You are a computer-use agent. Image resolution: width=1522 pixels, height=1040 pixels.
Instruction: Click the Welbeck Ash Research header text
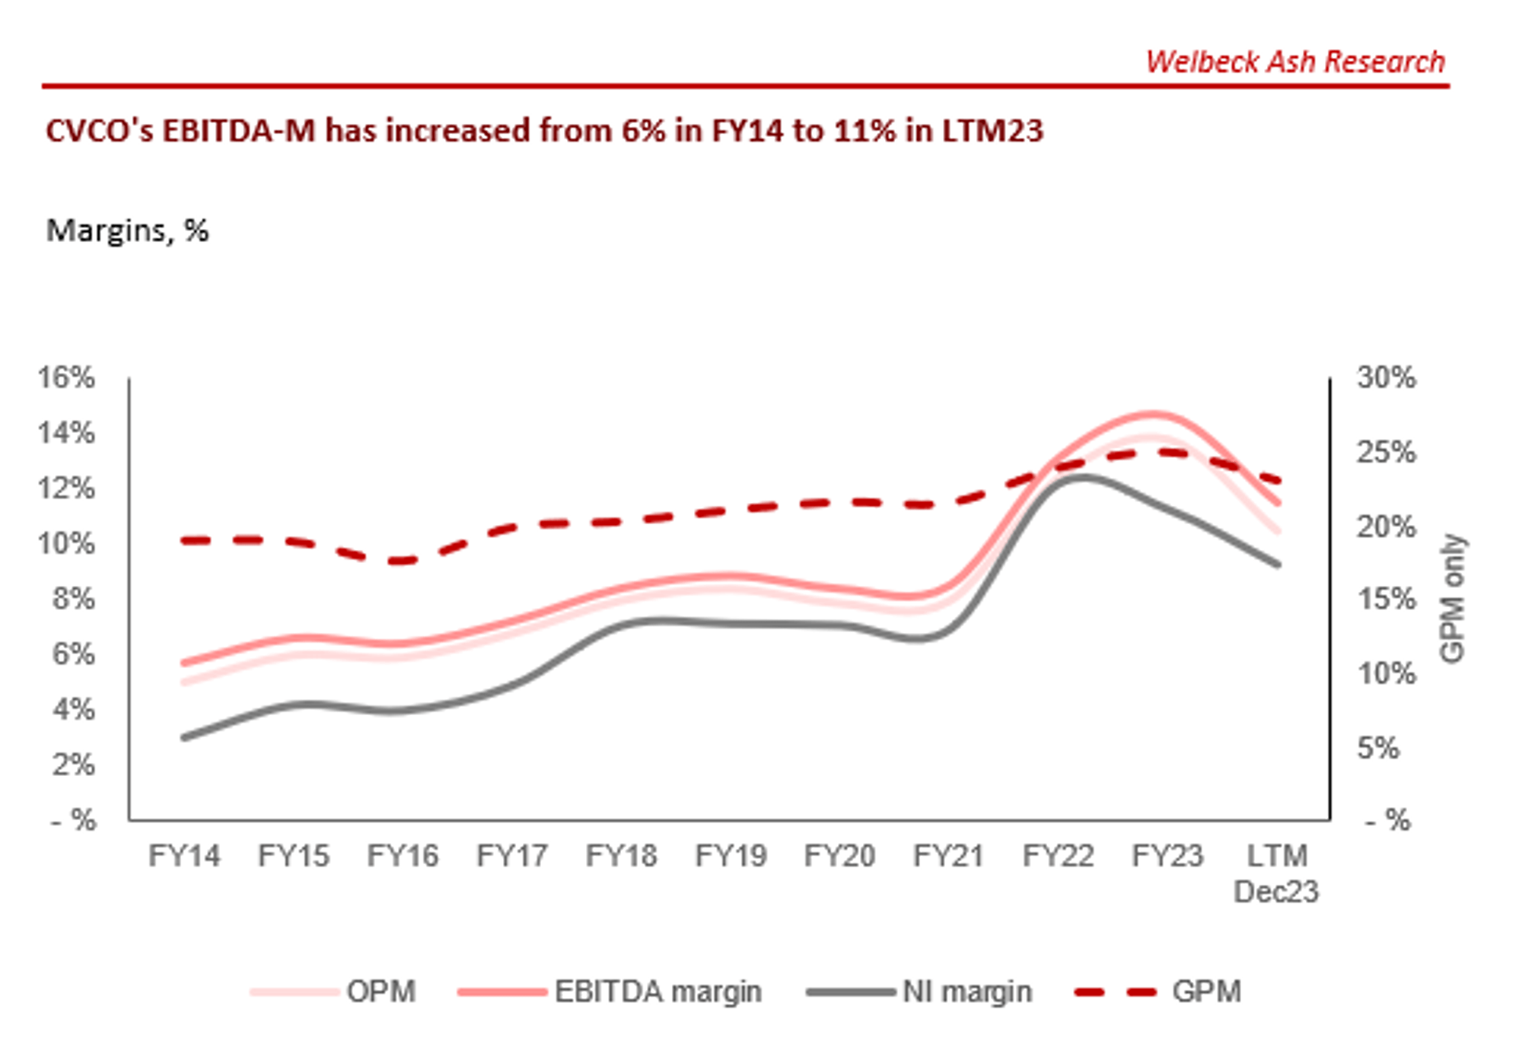tap(1294, 62)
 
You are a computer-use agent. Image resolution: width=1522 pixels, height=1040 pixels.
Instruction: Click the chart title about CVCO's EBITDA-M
tap(544, 131)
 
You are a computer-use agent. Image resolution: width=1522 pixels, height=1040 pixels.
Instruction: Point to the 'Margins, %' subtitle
tap(127, 230)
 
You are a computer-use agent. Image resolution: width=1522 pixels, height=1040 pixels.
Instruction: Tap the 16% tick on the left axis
tap(67, 377)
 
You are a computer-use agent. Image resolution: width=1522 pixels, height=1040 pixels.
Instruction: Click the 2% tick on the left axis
tap(73, 765)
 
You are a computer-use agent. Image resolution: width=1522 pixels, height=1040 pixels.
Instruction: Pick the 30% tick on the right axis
tap(1386, 377)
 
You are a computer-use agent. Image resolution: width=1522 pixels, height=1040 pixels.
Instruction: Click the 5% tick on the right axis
tap(1378, 748)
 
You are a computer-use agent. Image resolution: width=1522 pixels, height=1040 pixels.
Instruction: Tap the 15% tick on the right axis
tap(1386, 600)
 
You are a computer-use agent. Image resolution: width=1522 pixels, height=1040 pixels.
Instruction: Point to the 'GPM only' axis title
tap(1452, 598)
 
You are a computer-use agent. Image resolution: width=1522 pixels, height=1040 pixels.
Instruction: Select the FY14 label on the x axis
tap(184, 856)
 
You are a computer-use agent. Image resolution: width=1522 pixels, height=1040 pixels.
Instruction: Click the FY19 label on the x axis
tap(731, 856)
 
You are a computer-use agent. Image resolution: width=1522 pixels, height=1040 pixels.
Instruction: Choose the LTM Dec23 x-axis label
tap(1276, 873)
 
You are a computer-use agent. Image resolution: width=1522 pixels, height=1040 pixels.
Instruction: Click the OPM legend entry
tap(380, 992)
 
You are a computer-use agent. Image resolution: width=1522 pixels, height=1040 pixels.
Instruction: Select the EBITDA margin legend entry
tap(658, 992)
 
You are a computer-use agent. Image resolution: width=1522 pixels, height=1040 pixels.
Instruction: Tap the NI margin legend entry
tap(966, 992)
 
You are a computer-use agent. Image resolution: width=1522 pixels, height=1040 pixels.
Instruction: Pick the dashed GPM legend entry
tap(1206, 992)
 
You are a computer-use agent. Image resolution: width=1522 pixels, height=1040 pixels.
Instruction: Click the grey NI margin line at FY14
tap(185, 737)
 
